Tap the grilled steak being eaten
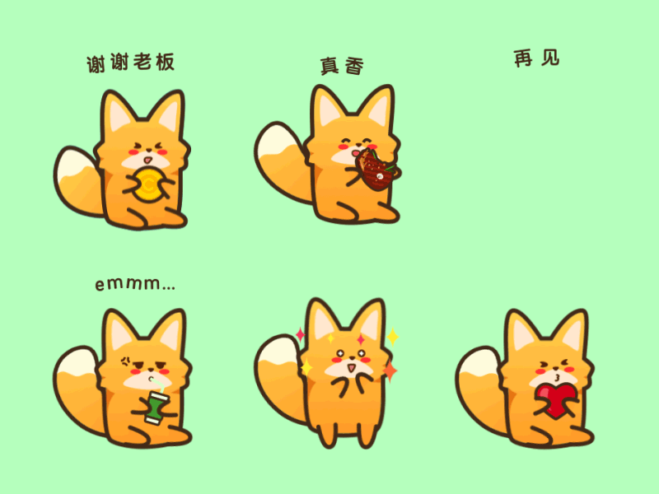coord(376,170)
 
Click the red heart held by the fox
coord(555,399)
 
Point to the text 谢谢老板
coord(130,63)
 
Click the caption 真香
coord(342,66)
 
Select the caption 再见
coord(537,58)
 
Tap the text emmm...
coord(135,283)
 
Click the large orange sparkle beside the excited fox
coord(390,371)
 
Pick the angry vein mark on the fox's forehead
coord(125,361)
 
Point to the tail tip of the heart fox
coord(478,365)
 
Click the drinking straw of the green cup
coord(157,385)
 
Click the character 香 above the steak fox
coord(354,67)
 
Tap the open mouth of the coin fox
coord(148,160)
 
